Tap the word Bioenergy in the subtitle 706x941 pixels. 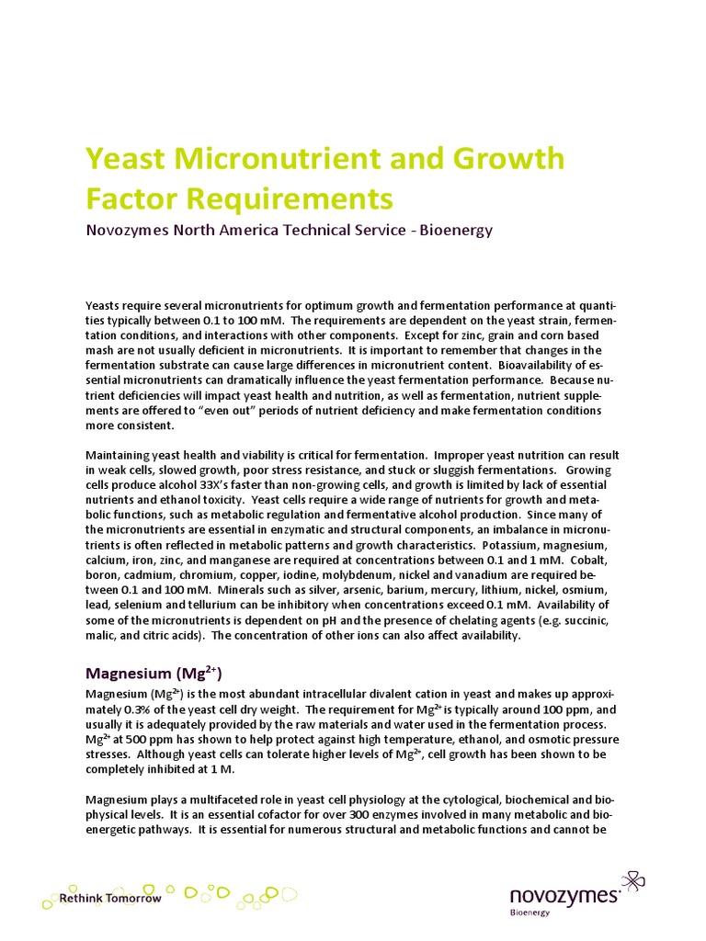point(456,230)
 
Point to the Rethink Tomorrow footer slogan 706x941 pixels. point(110,898)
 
